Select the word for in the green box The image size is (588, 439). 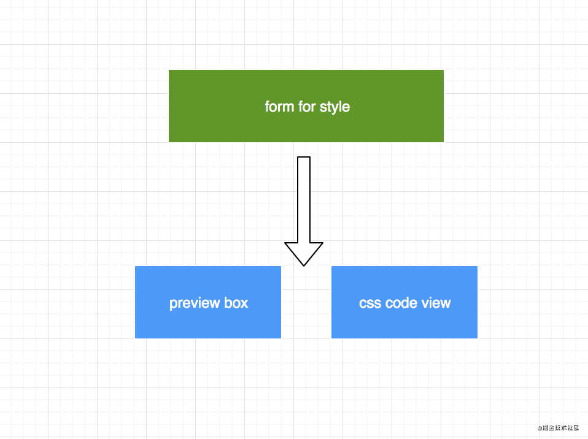[304, 107]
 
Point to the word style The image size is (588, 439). [335, 107]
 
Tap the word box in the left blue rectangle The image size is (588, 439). [236, 303]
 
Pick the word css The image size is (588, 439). [370, 303]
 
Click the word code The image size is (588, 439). [401, 303]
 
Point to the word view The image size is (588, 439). [436, 303]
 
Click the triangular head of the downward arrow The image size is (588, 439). [304, 251]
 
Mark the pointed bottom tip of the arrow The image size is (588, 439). [304, 265]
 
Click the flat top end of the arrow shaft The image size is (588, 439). [304, 158]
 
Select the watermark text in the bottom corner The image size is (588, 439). [558, 428]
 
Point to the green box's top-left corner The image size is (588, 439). [169, 71]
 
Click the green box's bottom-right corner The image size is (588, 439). [443, 141]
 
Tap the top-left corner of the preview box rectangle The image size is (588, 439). [136, 267]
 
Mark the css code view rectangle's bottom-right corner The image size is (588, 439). [476, 337]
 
